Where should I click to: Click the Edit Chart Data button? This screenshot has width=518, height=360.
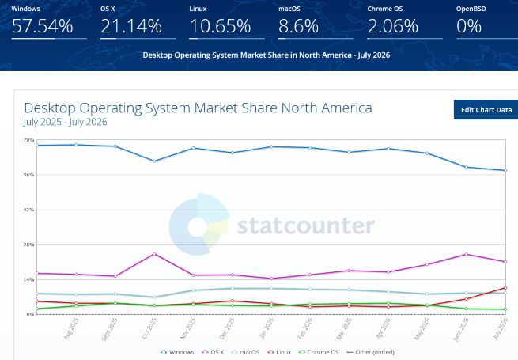point(486,110)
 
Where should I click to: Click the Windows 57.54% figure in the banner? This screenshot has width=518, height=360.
point(42,26)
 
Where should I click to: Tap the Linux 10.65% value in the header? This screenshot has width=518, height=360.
point(220,26)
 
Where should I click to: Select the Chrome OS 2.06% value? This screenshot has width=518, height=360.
point(393,26)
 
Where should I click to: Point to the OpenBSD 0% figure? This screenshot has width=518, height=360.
point(469,26)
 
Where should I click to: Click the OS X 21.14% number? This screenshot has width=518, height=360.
point(131,26)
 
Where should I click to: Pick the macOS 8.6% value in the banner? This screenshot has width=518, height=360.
point(299,26)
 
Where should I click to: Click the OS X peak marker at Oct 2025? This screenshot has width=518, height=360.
point(154,254)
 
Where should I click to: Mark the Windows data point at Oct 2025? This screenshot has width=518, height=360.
point(154,161)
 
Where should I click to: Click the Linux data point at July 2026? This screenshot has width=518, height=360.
point(505,288)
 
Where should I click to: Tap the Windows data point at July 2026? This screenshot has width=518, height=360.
point(505,171)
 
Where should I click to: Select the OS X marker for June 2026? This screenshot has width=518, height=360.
point(466,254)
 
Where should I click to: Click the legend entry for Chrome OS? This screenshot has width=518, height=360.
point(319,352)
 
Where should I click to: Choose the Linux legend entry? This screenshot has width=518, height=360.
point(279,352)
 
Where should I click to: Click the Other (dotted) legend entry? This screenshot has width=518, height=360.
point(370,352)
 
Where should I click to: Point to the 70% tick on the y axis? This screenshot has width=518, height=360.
point(28,140)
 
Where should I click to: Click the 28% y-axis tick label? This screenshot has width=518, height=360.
point(28,245)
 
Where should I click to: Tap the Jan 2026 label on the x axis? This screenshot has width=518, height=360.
point(267,328)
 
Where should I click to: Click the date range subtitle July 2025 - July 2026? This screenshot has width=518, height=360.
point(66,122)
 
